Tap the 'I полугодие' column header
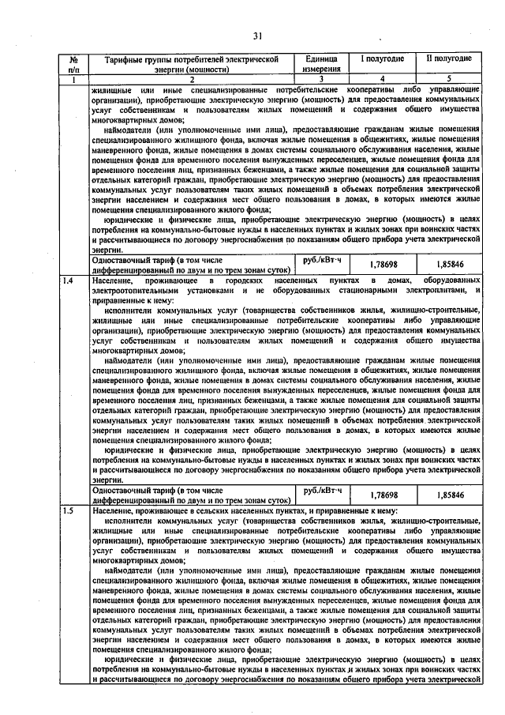pyautogui.click(x=383, y=59)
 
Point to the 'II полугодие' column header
pyautogui.click(x=449, y=59)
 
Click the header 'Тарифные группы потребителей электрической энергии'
pyautogui.click(x=186, y=64)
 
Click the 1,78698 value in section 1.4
pyautogui.click(x=383, y=495)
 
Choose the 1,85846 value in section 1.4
pyautogui.click(x=449, y=495)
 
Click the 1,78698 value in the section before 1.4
pyautogui.click(x=383, y=264)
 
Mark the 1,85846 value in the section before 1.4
pyautogui.click(x=449, y=264)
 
